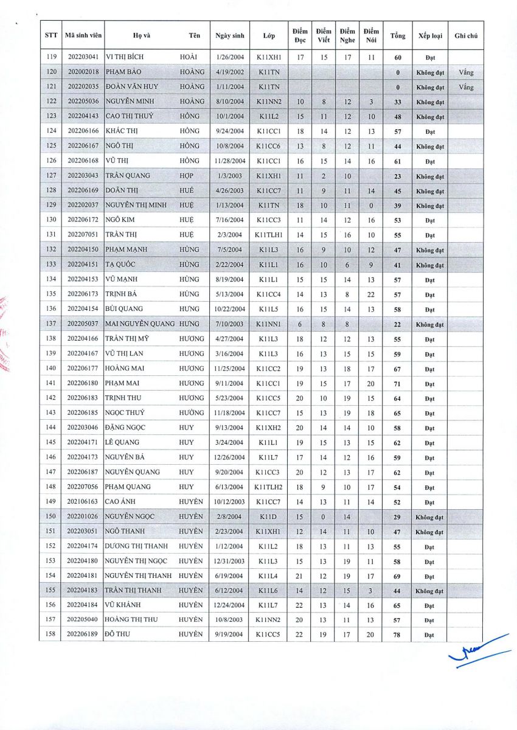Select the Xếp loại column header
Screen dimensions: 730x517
(430, 36)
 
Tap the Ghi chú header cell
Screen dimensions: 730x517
(466, 36)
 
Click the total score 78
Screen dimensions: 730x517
(398, 635)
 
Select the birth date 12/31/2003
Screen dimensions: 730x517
(229, 561)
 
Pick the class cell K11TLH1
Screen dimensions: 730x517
(268, 235)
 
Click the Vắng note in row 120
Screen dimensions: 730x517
(466, 72)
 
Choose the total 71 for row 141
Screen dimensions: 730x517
(398, 384)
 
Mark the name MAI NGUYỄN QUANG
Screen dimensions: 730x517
(140, 324)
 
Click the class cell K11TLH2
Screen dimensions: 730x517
(268, 487)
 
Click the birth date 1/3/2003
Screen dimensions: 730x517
(229, 176)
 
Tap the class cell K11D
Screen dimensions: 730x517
(268, 516)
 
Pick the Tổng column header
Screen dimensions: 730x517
(398, 36)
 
